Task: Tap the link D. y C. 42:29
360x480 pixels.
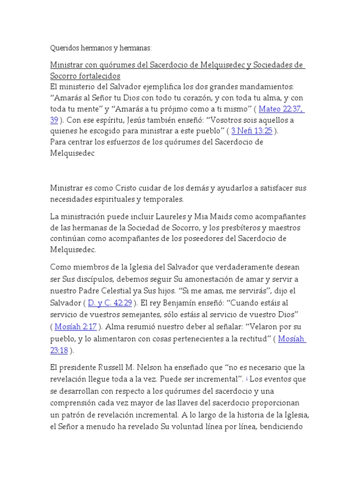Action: click(112, 303)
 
